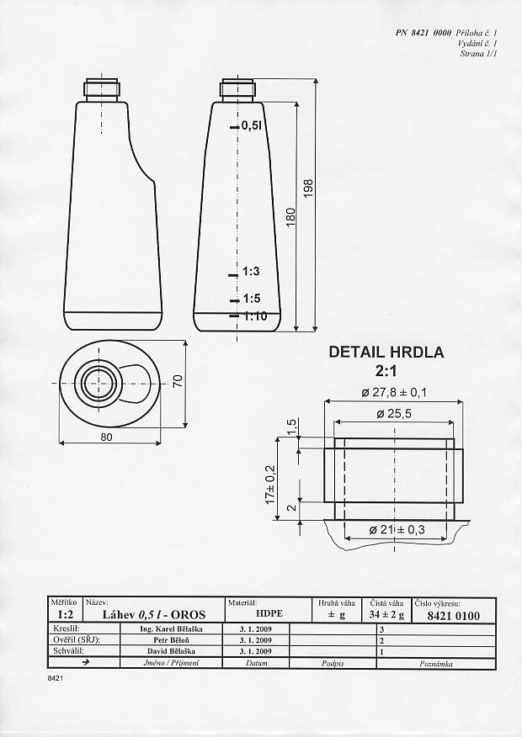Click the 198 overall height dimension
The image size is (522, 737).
click(308, 188)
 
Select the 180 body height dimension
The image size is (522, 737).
click(290, 217)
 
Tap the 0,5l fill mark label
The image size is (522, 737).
click(252, 125)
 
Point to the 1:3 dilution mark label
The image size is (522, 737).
click(251, 271)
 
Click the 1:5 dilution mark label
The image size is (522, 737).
click(252, 299)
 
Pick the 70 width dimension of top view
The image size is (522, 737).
click(178, 381)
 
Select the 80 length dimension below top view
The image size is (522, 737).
click(107, 437)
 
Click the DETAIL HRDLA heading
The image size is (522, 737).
click(386, 352)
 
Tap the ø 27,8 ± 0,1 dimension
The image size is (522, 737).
click(394, 392)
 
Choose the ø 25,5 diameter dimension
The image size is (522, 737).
click(394, 414)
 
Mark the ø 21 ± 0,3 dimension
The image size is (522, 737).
click(397, 530)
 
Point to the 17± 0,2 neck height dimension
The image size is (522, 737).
click(270, 484)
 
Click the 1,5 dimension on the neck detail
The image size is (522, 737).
click(291, 427)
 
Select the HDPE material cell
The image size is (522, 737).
click(269, 613)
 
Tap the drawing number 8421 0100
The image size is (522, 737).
click(453, 616)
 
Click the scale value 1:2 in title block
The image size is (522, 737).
click(65, 614)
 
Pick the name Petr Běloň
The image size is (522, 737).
click(171, 639)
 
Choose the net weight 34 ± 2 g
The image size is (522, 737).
click(386, 614)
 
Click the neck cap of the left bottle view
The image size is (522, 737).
click(103, 89)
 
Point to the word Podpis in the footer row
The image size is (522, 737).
click(333, 663)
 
